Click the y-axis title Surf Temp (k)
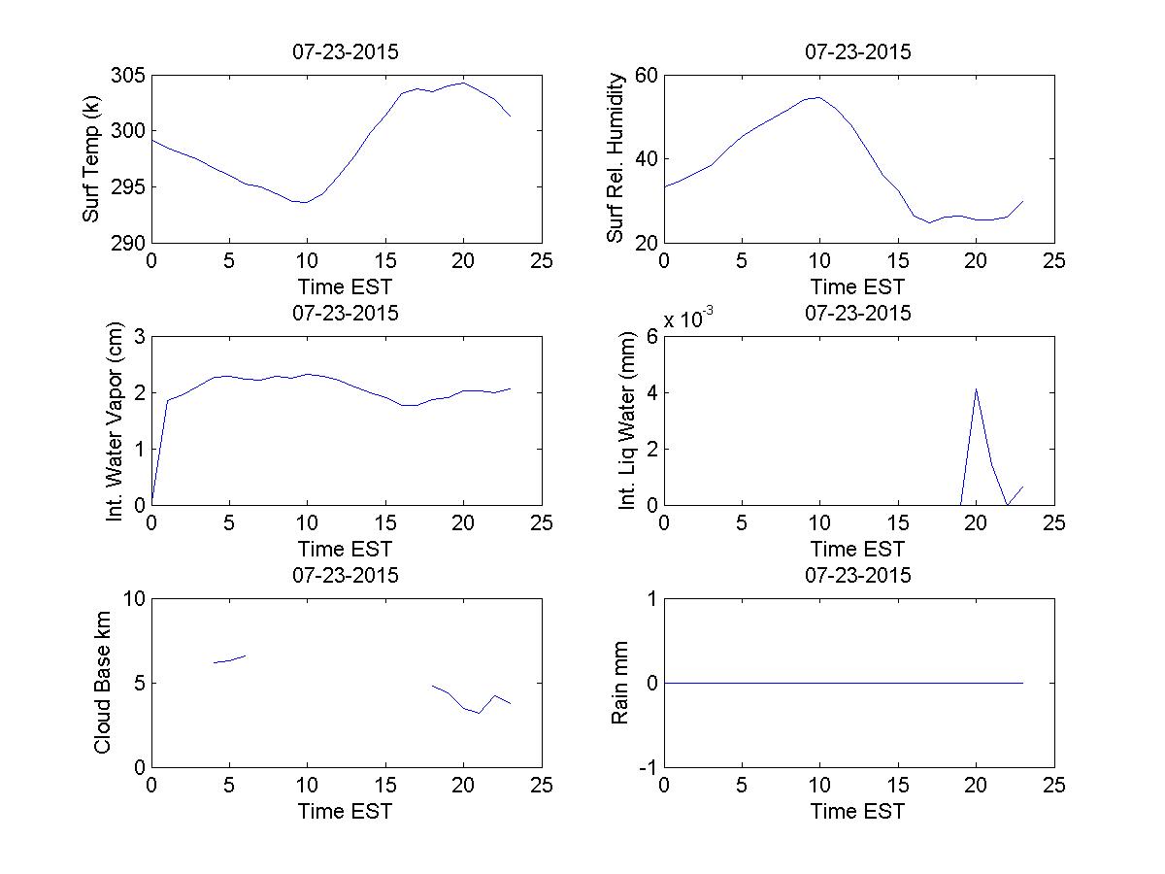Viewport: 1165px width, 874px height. [x=91, y=159]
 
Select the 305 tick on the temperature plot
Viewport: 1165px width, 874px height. [x=129, y=76]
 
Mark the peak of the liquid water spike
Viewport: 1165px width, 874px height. [x=976, y=388]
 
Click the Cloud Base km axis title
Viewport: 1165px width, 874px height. [x=102, y=683]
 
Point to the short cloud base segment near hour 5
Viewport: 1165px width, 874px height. [x=230, y=659]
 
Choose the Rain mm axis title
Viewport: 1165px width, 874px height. [x=619, y=683]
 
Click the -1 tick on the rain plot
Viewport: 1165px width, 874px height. [x=645, y=767]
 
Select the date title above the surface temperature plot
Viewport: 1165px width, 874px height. [x=346, y=52]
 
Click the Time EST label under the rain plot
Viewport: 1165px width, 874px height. [x=858, y=811]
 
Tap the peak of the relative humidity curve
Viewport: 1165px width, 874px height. [x=818, y=97]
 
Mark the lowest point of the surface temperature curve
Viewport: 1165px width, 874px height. [x=306, y=202]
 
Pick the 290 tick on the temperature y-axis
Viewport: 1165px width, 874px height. [x=129, y=243]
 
